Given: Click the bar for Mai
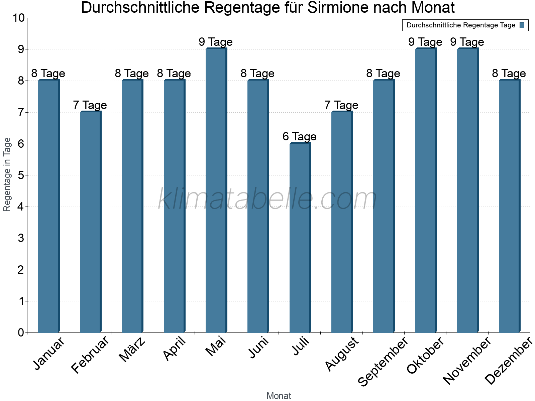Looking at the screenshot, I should click(x=216, y=190).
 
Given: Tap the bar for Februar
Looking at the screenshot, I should click(x=90, y=222).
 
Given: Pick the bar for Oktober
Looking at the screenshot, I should click(x=426, y=190).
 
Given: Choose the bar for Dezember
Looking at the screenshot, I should click(x=509, y=206).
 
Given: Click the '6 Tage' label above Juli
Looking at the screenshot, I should click(x=300, y=136).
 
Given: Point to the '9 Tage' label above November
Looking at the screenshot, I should click(x=467, y=42).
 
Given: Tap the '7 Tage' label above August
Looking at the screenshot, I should click(x=341, y=105).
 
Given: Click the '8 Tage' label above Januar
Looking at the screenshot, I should click(x=48, y=73).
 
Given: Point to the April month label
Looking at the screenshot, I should click(x=175, y=349).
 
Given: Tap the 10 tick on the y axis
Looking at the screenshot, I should click(x=19, y=18).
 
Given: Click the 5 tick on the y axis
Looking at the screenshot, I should click(x=21, y=175).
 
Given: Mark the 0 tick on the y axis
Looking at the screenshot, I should click(x=21, y=332).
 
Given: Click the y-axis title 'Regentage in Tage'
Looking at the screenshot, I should click(x=7, y=174).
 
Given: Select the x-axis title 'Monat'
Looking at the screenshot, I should click(x=279, y=396).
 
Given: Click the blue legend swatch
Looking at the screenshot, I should click(x=522, y=25).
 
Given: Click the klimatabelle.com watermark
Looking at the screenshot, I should click(x=267, y=199).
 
